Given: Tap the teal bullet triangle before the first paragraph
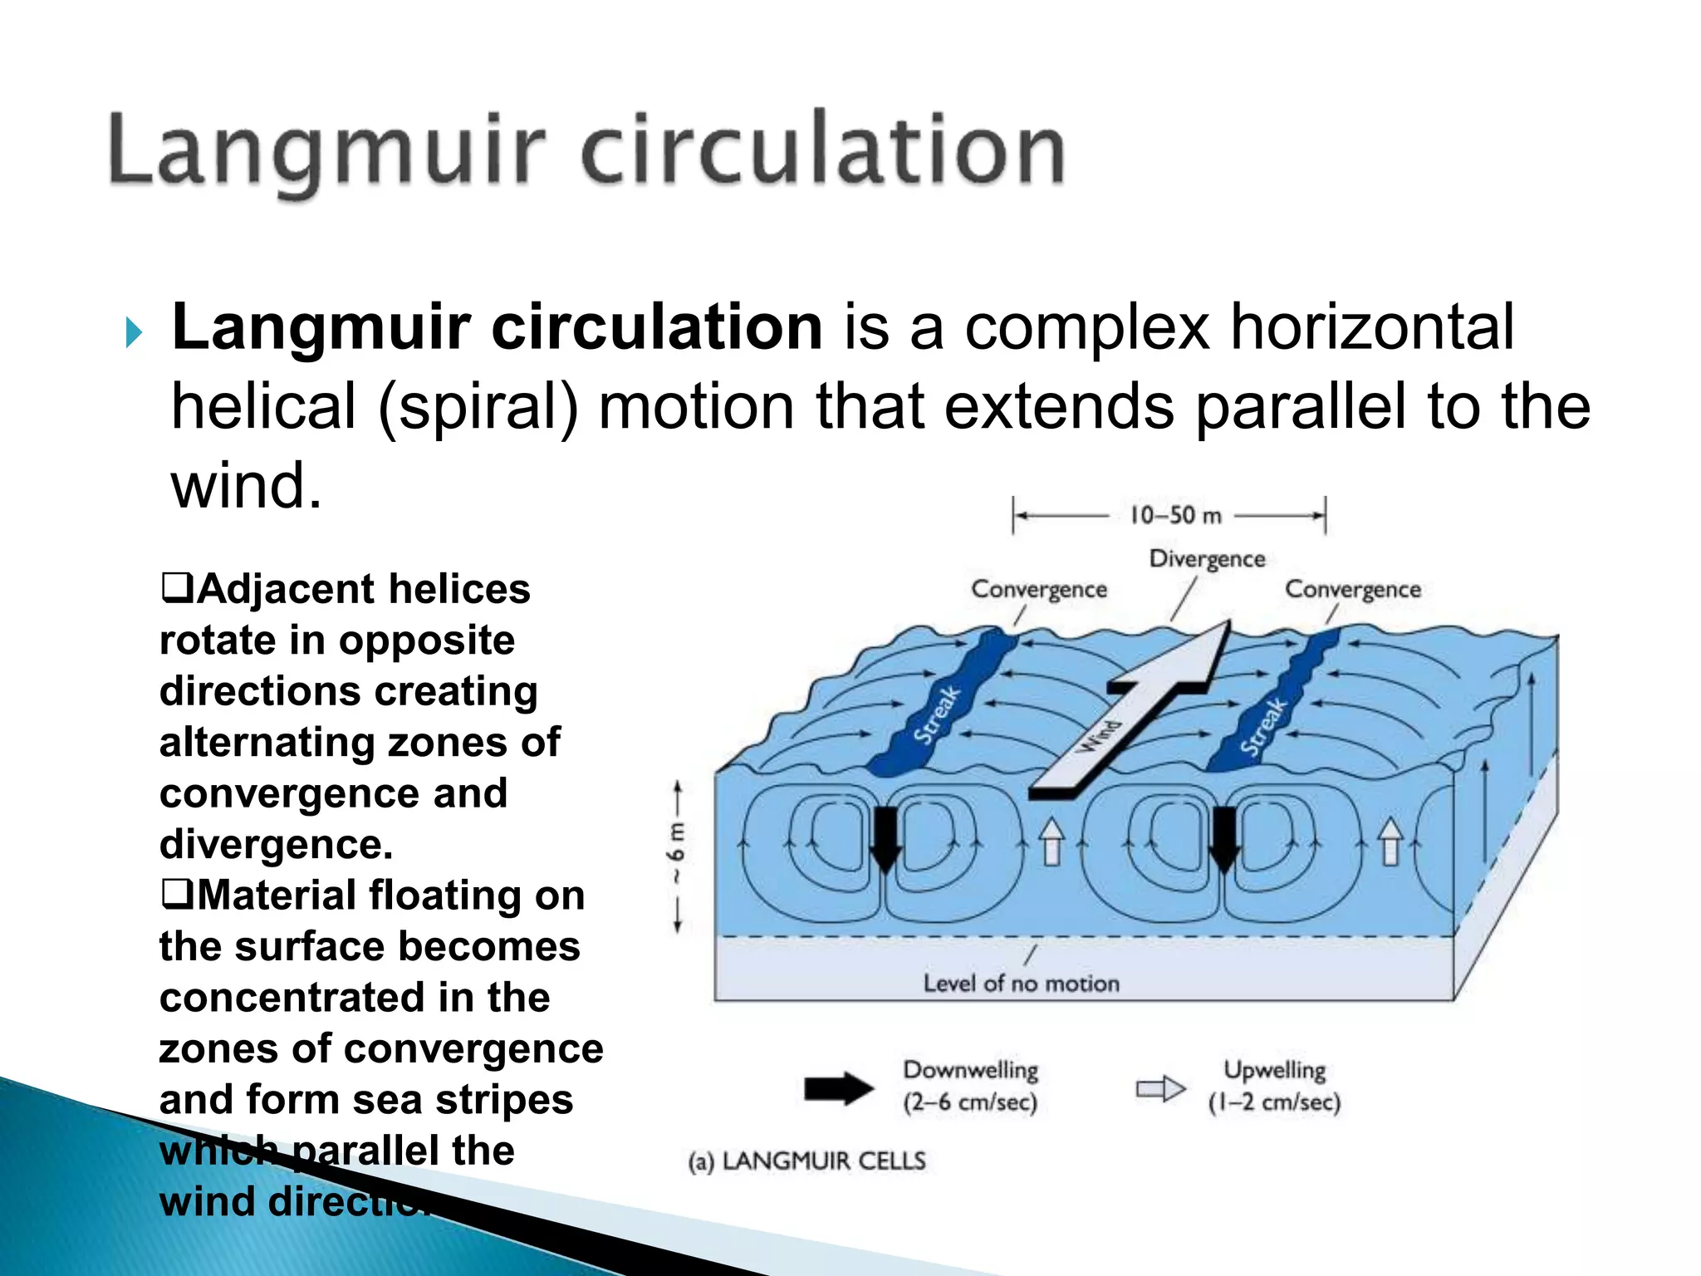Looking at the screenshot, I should click(133, 333).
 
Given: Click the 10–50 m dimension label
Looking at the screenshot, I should click(1174, 516).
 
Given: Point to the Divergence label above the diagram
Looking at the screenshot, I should click(1207, 559).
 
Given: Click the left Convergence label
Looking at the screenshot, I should click(1039, 590).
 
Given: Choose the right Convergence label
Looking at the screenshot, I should click(1353, 590).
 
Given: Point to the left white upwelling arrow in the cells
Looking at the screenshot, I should click(1051, 841).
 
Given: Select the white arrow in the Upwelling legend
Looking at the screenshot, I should click(1160, 1088).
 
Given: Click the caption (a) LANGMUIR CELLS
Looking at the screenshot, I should click(806, 1161).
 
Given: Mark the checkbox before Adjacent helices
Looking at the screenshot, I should click(176, 588).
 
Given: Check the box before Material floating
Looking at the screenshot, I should click(176, 895).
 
